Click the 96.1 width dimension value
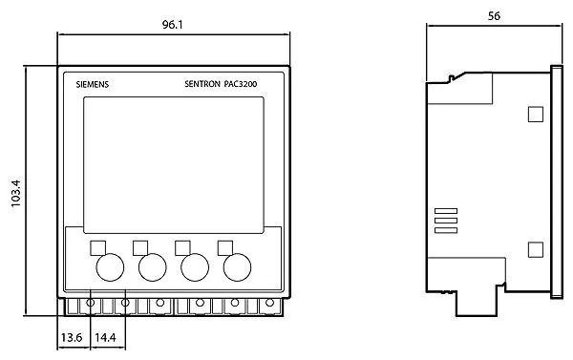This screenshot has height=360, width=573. tap(173, 25)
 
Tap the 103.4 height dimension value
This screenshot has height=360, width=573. tap(16, 193)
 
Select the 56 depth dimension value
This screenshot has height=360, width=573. tap(494, 16)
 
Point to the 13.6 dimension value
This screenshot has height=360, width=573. tap(72, 337)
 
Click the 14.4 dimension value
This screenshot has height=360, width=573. tap(105, 337)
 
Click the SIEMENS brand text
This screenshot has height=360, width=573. tap(93, 84)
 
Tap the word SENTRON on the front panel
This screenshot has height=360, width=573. tap(202, 84)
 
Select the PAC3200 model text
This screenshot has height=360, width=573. tap(241, 84)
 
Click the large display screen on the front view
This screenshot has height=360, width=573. tap(174, 165)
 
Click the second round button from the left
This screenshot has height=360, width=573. tap(153, 267)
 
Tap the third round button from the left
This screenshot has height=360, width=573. tap(195, 267)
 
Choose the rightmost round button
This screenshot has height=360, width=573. tap(237, 267)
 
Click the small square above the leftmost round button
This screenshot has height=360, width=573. tap(98, 247)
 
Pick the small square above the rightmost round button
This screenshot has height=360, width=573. tap(225, 247)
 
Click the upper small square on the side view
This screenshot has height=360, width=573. tap(536, 114)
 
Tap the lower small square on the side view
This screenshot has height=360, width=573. tap(536, 249)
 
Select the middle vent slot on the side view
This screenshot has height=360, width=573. tap(446, 221)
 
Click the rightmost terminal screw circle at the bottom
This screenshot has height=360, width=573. tap(269, 303)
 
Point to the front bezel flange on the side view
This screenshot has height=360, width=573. tap(557, 182)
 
